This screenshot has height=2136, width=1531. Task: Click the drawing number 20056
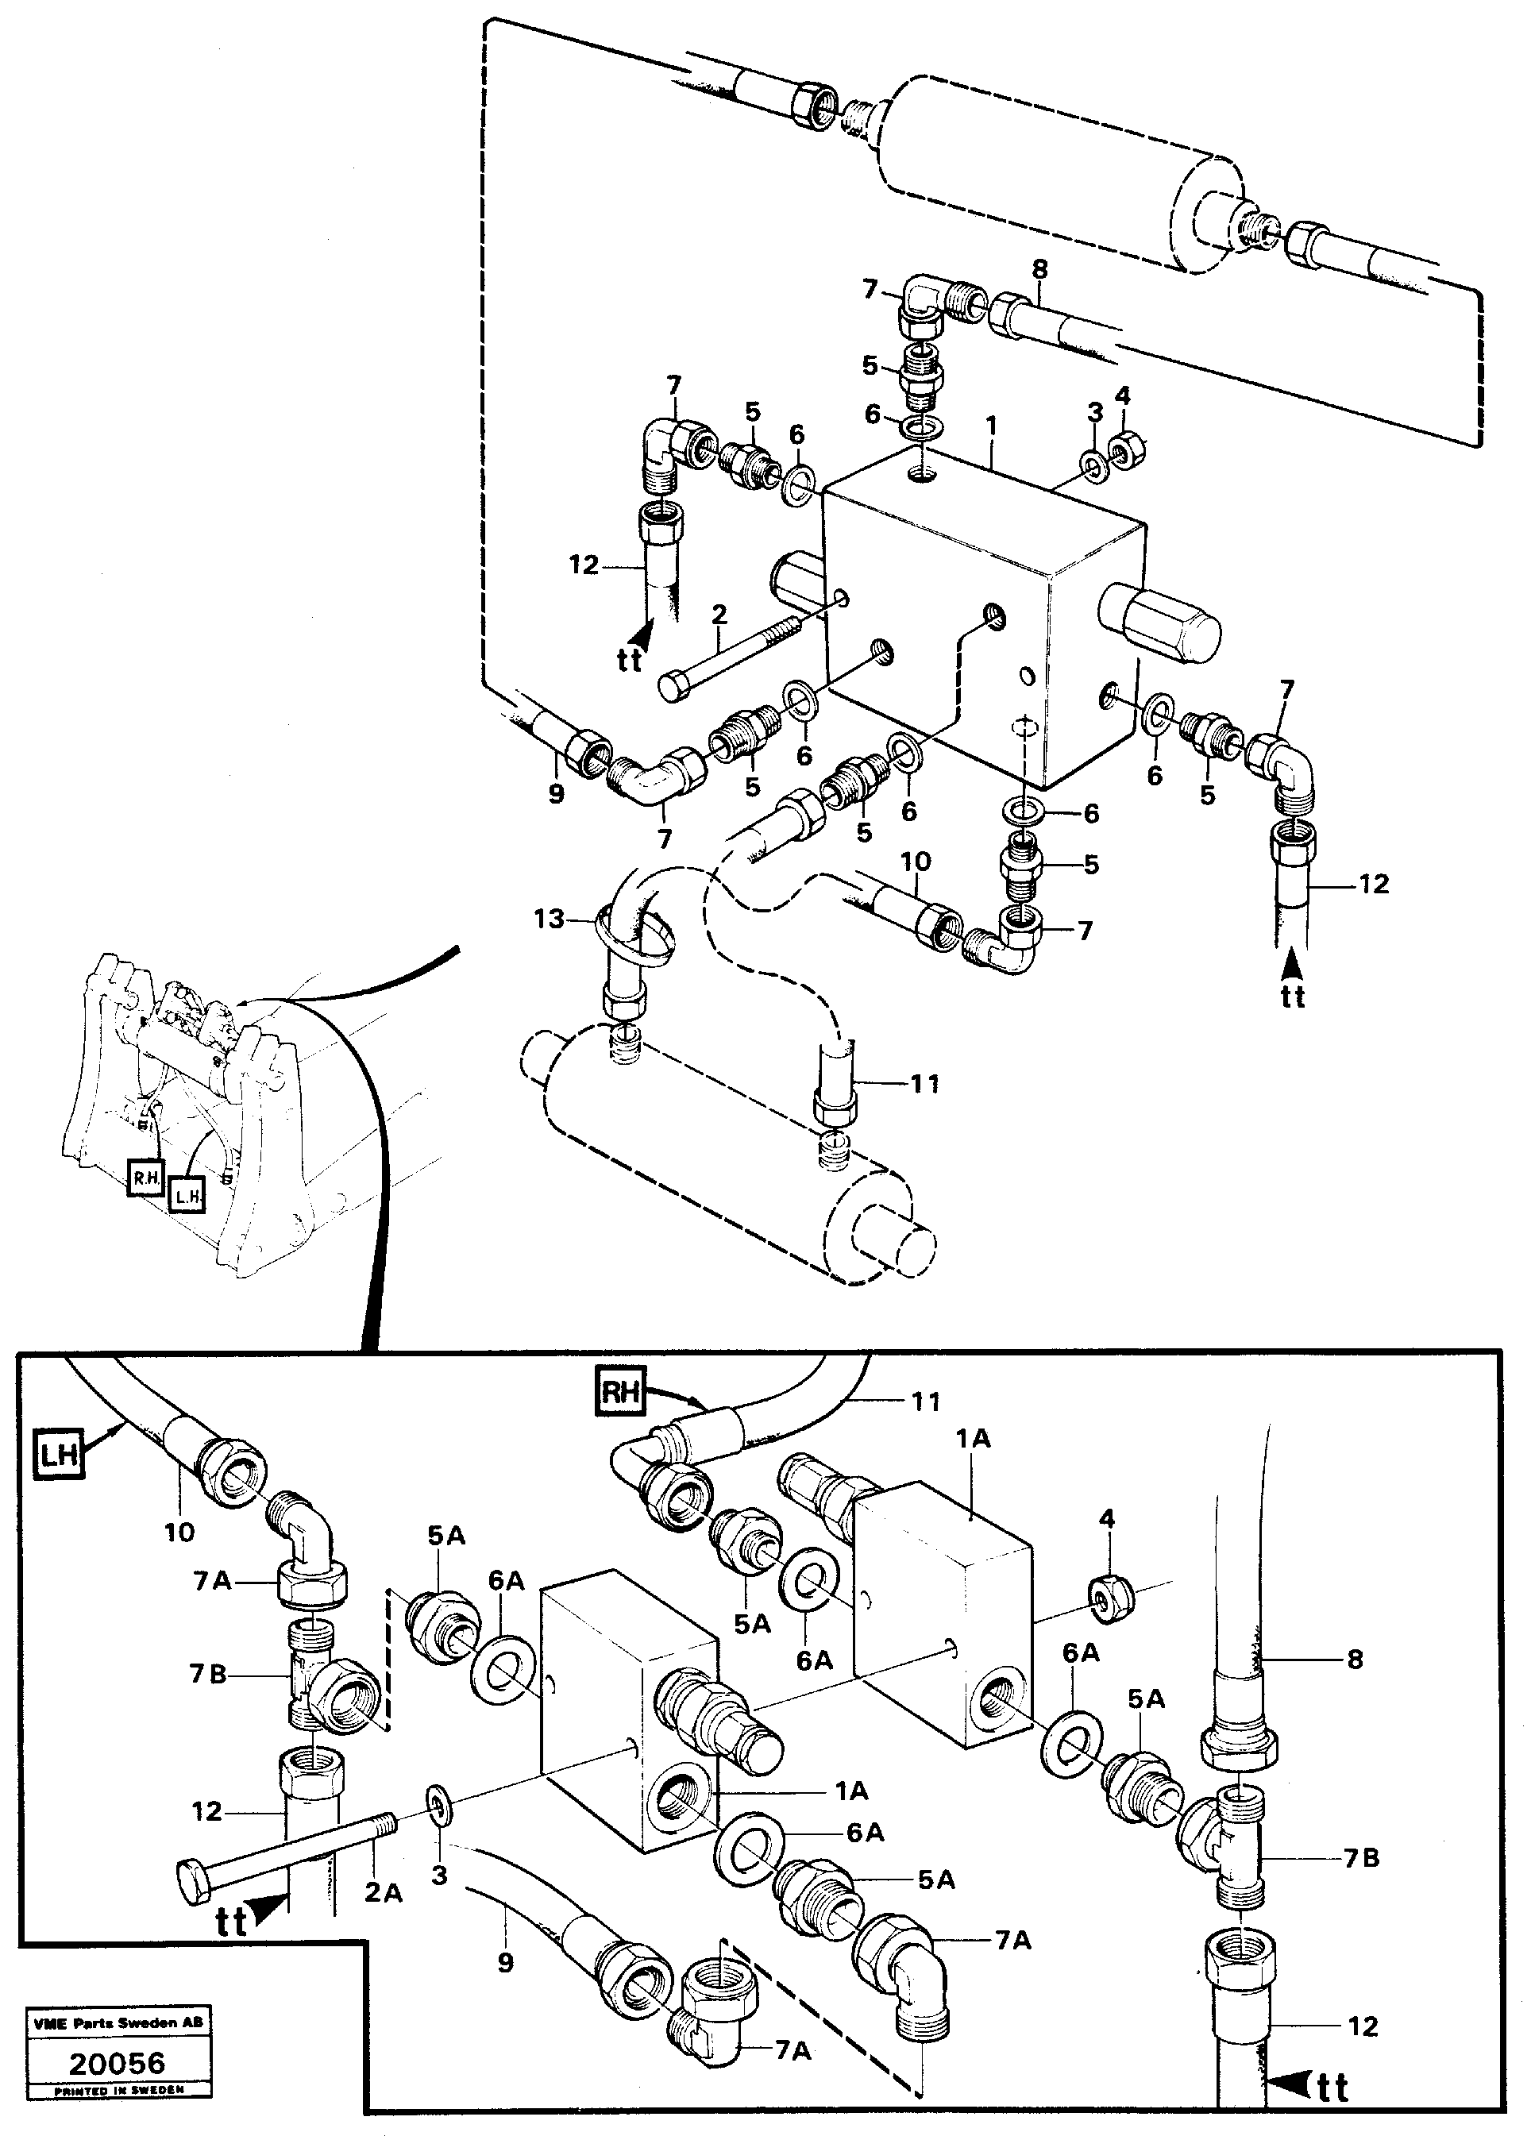[118, 2065]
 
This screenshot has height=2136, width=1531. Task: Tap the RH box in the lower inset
[619, 1392]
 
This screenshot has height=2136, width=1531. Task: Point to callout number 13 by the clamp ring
[549, 917]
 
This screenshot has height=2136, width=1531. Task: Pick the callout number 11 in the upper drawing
[924, 1084]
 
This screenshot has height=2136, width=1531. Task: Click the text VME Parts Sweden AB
[118, 2022]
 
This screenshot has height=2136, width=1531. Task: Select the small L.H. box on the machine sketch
[187, 1196]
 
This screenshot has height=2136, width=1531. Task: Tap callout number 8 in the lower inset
[1355, 1660]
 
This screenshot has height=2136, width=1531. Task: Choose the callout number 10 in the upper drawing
[916, 861]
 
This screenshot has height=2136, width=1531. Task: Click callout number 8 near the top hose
[1039, 269]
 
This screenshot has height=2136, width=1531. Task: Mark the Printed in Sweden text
[118, 2089]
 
